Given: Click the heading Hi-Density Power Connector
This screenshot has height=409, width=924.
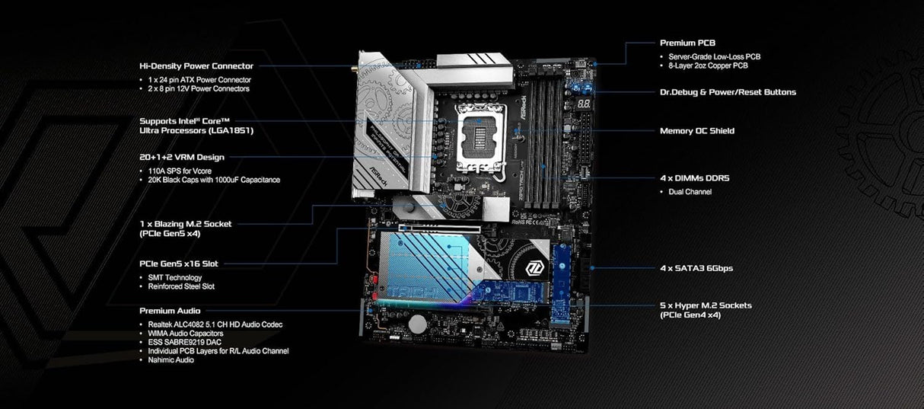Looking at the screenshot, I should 196,66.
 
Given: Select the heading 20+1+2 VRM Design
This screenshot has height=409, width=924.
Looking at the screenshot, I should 181,157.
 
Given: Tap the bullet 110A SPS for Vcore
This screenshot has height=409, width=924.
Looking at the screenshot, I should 180,170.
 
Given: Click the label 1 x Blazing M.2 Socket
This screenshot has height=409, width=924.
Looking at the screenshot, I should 186,224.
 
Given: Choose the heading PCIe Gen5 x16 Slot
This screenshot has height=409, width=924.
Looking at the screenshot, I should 179,264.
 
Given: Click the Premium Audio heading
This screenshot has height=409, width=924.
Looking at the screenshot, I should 170,311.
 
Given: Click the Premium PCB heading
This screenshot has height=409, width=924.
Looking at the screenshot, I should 687,43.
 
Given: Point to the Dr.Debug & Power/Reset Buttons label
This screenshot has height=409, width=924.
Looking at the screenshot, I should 728,92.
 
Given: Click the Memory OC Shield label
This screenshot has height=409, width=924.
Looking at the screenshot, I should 696,131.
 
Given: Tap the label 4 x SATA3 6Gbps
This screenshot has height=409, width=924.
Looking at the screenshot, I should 696,268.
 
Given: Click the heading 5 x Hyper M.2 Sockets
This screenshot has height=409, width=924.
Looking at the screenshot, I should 706,305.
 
